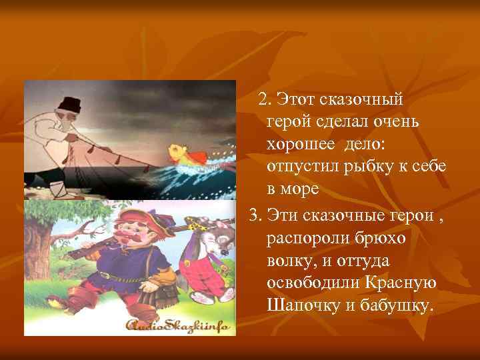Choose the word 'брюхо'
click(377, 237)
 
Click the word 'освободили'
click(311, 283)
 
